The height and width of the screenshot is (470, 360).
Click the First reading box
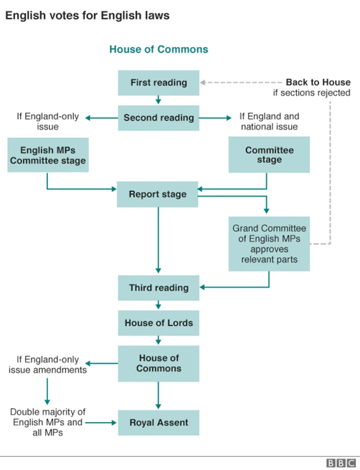click(159, 83)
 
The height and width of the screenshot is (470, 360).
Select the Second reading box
click(159, 118)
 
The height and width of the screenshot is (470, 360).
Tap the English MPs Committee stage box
click(48, 155)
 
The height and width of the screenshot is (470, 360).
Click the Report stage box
click(157, 195)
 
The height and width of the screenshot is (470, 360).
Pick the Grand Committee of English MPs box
click(269, 244)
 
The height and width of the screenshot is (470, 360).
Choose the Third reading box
click(159, 288)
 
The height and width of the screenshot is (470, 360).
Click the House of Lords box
click(159, 323)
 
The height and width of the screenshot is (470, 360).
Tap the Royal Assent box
click(159, 423)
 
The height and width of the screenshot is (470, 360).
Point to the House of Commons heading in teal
click(159, 50)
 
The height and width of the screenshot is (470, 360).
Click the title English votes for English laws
click(87, 16)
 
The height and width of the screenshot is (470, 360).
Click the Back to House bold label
click(318, 82)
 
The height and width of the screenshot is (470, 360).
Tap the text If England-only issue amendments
click(48, 365)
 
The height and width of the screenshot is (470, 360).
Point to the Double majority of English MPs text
click(48, 423)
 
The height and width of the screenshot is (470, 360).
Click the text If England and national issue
click(269, 122)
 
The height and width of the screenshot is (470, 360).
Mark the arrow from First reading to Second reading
click(159, 100)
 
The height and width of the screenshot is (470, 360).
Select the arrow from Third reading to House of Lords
click(159, 305)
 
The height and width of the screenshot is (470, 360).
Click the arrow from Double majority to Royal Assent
click(102, 423)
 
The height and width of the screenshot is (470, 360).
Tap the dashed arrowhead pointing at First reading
click(204, 82)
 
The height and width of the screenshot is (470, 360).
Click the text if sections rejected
click(312, 93)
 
